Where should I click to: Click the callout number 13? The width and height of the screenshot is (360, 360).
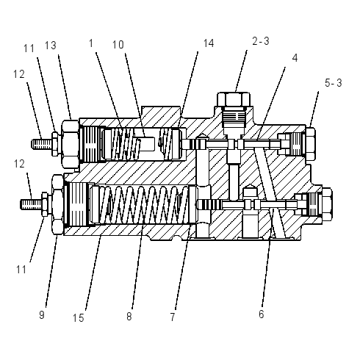[x=51, y=46]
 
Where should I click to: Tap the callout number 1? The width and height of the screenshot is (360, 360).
[x=91, y=43]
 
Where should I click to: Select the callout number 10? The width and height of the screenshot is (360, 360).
[x=118, y=45]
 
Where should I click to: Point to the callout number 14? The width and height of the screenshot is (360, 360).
[x=209, y=43]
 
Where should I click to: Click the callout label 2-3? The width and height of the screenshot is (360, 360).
[x=261, y=41]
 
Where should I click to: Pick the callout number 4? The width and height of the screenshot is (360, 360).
[x=295, y=58]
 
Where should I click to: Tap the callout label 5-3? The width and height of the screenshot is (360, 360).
[x=333, y=83]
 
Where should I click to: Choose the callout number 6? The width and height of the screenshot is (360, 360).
[x=262, y=314]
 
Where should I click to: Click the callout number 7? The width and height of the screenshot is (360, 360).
[x=173, y=317]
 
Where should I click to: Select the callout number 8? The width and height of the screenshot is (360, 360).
[x=129, y=316]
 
